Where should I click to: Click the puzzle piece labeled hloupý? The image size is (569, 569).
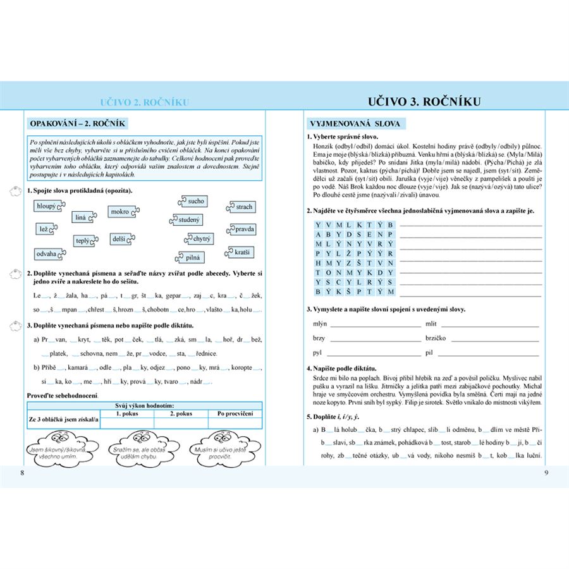[x=47, y=205]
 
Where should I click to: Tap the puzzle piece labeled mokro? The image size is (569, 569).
[x=120, y=212]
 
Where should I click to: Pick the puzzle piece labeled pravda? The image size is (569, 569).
[x=243, y=228]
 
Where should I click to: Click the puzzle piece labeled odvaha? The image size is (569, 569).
[x=48, y=254]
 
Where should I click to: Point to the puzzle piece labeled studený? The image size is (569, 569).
[x=187, y=220]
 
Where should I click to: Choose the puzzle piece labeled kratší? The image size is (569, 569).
[x=241, y=252]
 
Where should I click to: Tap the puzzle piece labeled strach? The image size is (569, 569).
[x=243, y=207]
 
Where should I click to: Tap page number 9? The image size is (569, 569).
[x=546, y=474]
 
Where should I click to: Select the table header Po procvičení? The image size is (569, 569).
[x=235, y=413]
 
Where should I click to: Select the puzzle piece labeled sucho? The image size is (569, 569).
[x=195, y=201]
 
